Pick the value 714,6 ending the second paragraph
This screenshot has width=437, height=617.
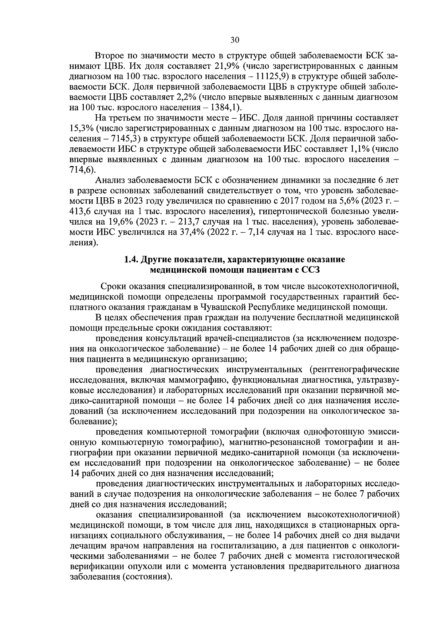pos(79,170)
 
